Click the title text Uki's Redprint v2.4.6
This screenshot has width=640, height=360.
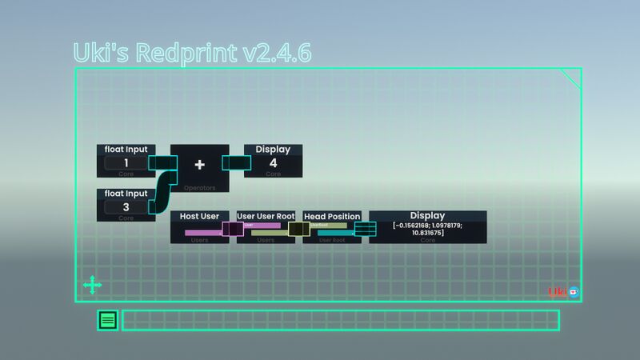pos(192,53)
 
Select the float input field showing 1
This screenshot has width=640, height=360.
pos(126,163)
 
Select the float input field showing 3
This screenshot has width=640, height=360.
pos(126,207)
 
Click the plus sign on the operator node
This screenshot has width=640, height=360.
pos(200,164)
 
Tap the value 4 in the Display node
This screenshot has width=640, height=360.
pos(273,163)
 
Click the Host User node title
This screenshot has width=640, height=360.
pos(200,216)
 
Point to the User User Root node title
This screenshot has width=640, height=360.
pos(266,216)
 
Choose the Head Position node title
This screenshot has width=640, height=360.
pos(332,216)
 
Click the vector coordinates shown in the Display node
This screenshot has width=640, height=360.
pos(428,229)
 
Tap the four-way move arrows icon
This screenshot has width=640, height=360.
pos(92,285)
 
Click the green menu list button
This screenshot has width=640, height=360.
pos(108,321)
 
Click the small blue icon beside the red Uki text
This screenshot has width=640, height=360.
pos(574,292)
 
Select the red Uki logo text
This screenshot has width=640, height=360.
pos(558,292)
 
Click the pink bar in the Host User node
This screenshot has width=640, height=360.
pos(202,233)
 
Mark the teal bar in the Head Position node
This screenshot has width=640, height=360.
pos(336,233)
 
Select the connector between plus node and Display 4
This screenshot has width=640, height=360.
pos(237,163)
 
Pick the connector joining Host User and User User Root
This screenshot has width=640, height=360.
pos(232,229)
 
